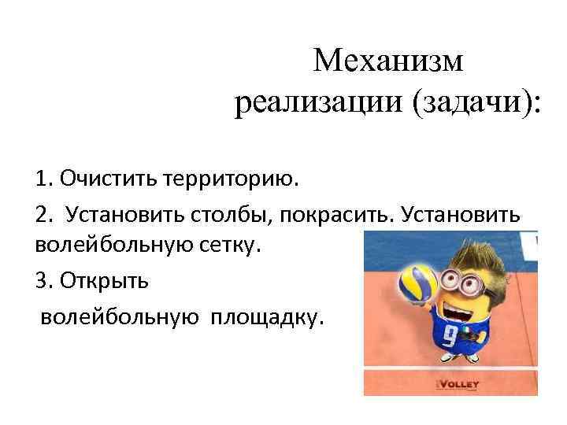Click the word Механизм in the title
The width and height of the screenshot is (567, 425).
[388, 61]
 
